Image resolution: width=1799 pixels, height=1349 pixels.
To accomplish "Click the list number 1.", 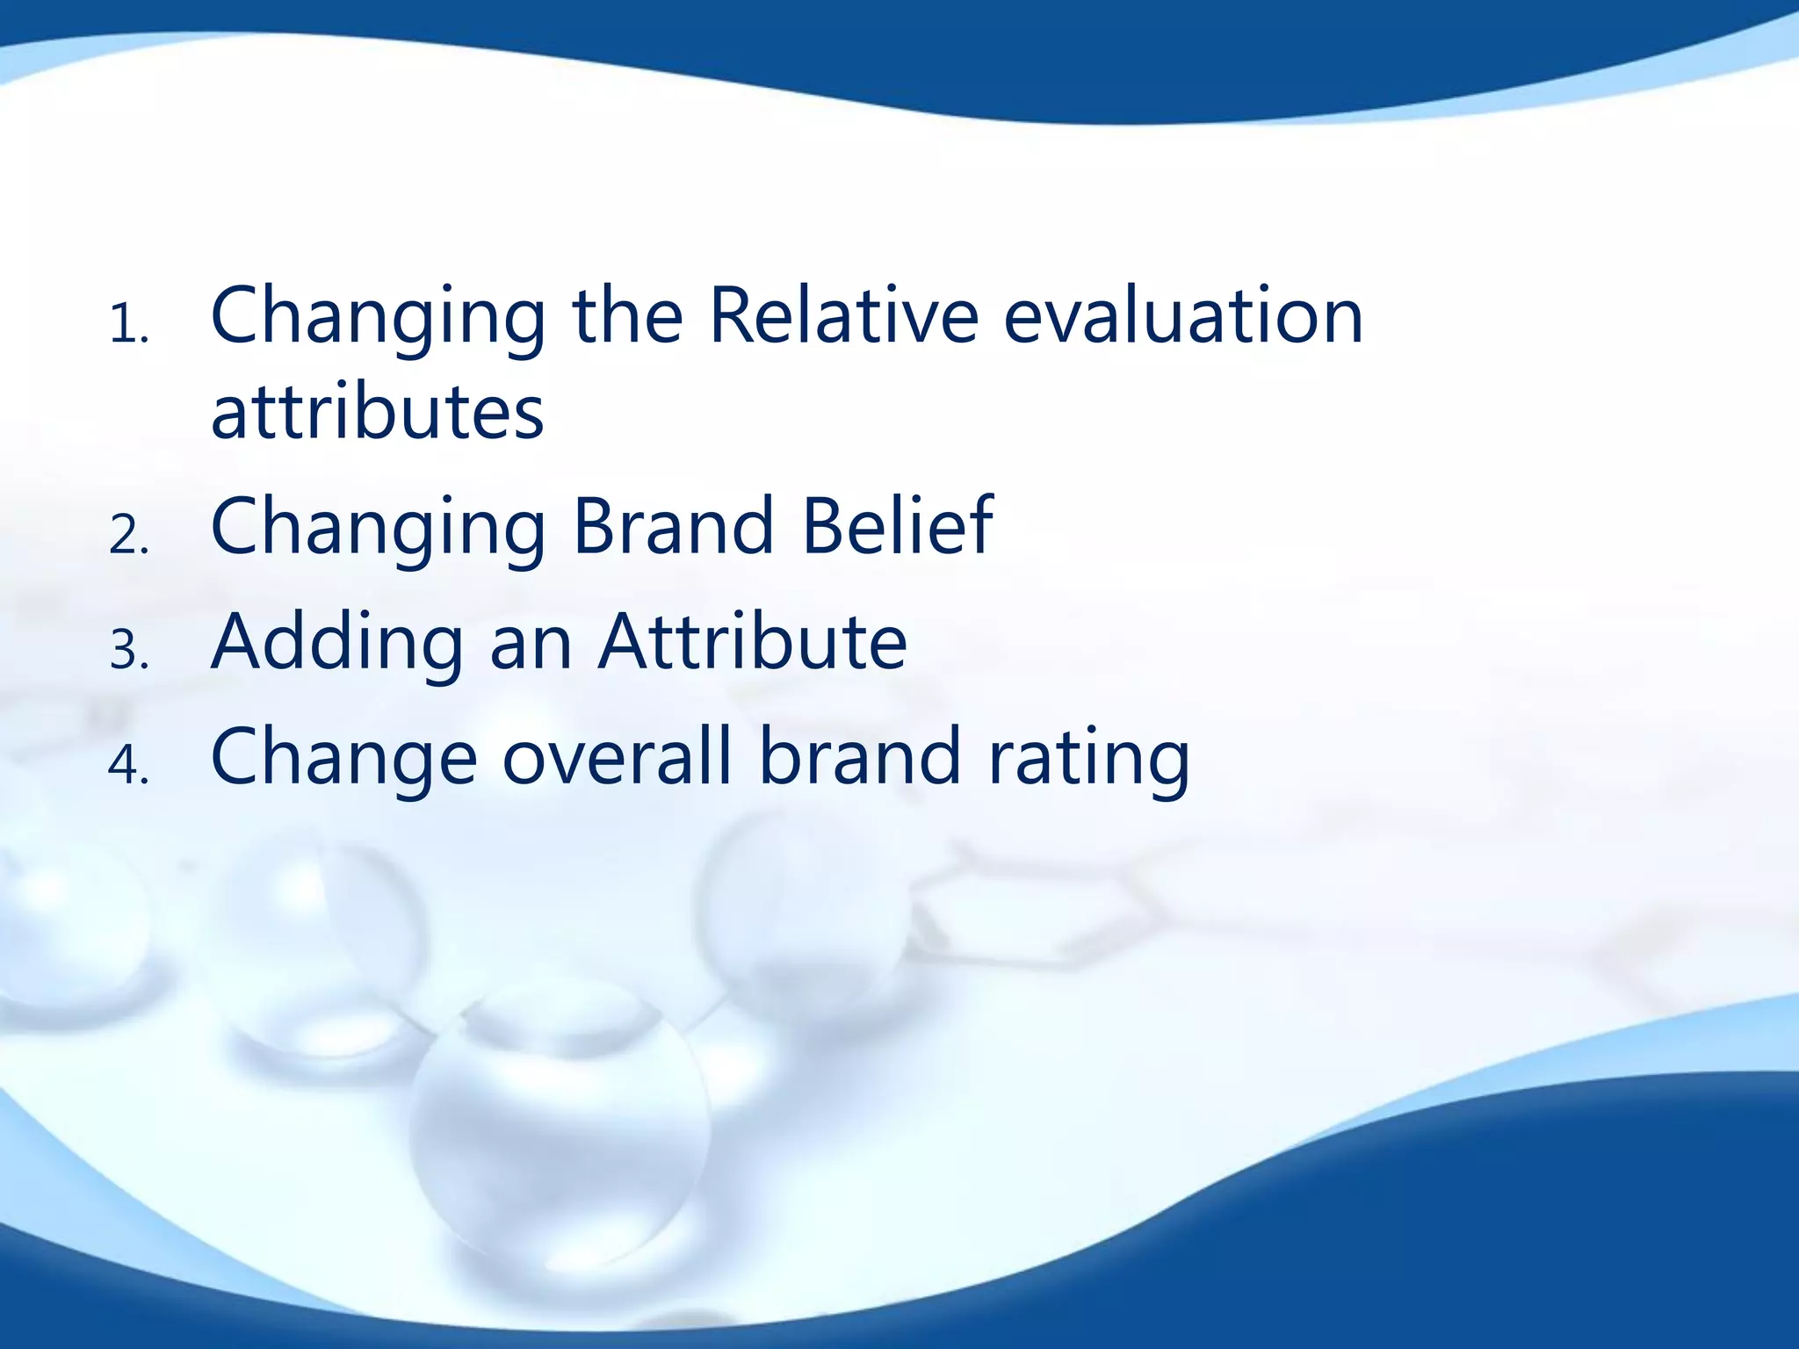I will (x=128, y=327).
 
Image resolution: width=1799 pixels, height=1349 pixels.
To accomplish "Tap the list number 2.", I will (x=128, y=536).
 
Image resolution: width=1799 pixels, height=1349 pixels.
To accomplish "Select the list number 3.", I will (x=128, y=652).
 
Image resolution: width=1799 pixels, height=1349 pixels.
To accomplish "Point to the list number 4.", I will (x=128, y=766).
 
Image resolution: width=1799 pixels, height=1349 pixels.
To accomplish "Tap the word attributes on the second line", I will (x=378, y=413).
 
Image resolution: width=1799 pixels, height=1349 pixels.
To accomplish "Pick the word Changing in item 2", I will (x=378, y=530).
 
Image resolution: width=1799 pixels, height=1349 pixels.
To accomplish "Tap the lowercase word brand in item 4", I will (x=860, y=757).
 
